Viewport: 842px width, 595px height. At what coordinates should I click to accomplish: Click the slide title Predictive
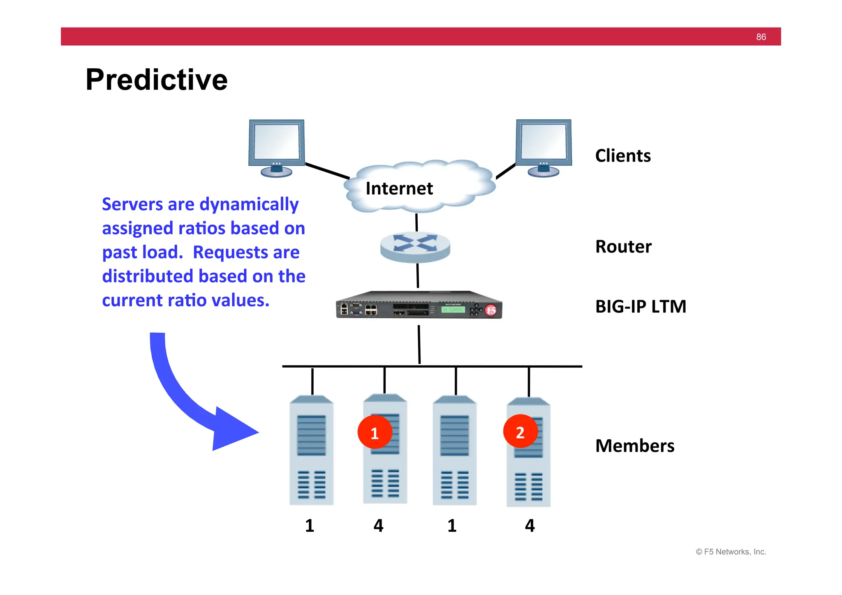[x=156, y=79]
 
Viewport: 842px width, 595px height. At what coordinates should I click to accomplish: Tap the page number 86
[x=761, y=37]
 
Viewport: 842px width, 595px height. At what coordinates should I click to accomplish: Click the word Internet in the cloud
[x=399, y=189]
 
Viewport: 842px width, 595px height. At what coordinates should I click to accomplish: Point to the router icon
[x=415, y=246]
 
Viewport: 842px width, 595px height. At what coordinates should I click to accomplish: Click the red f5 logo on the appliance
[x=491, y=310]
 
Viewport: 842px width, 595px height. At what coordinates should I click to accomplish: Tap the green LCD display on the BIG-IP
[x=453, y=309]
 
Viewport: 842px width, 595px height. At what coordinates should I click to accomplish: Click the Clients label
[x=622, y=156]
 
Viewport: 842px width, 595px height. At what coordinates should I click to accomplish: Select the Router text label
[x=623, y=247]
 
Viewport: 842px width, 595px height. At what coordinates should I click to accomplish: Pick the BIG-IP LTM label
[x=641, y=307]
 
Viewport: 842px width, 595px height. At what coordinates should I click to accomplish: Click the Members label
[x=634, y=446]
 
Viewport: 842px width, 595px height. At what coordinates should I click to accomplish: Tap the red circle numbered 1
[x=375, y=433]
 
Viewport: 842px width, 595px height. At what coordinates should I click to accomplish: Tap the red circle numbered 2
[x=520, y=432]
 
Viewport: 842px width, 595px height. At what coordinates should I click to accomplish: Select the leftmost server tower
[x=311, y=450]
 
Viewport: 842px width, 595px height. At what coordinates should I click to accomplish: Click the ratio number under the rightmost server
[x=530, y=526]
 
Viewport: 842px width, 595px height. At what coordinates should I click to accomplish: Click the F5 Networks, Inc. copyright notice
[x=731, y=552]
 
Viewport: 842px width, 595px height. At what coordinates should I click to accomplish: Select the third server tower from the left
[x=454, y=450]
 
